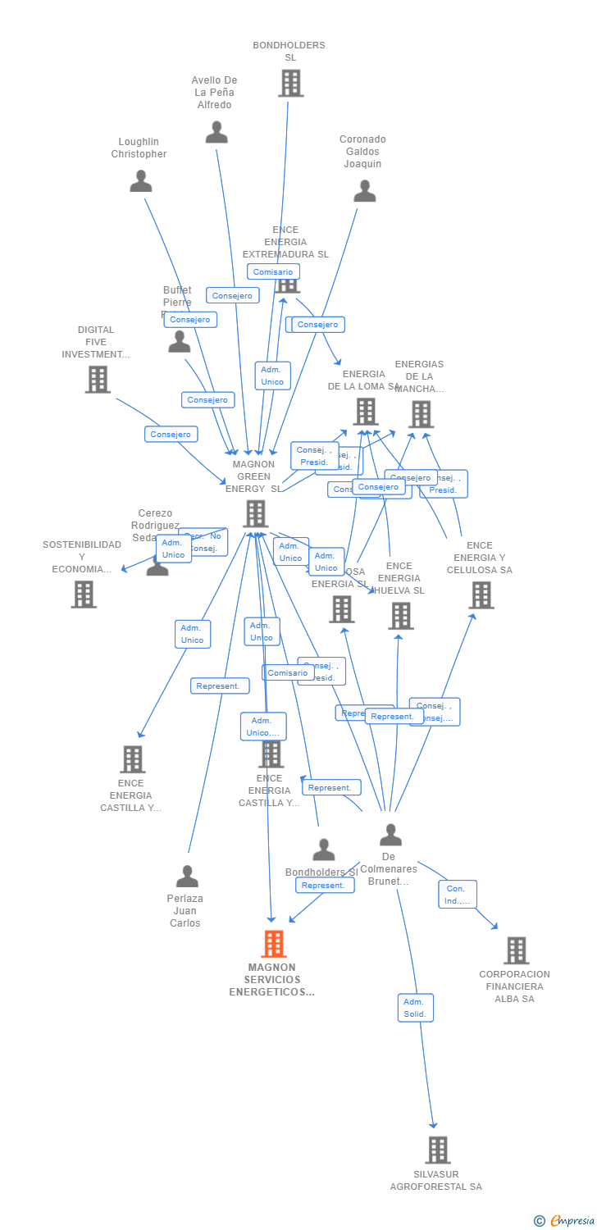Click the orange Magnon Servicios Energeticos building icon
click(x=273, y=945)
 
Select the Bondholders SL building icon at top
click(x=290, y=84)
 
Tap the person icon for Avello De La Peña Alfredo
click(x=216, y=132)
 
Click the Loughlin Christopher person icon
click(x=141, y=181)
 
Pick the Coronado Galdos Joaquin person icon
click(x=364, y=191)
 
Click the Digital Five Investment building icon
click(x=98, y=380)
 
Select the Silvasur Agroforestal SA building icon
click(x=438, y=1150)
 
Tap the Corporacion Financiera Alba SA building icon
click(x=516, y=950)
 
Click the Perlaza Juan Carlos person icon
click(x=187, y=877)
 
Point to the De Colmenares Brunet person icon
click(x=390, y=835)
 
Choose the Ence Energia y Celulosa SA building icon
click(x=481, y=595)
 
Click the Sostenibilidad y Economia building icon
click(x=84, y=594)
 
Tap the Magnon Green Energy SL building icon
click(x=256, y=514)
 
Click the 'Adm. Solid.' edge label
click(x=415, y=1008)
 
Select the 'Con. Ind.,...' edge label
click(x=457, y=895)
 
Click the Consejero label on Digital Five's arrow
click(x=171, y=435)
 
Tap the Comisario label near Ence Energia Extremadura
click(x=273, y=271)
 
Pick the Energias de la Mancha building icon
click(x=421, y=414)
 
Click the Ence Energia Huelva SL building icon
click(x=401, y=616)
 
